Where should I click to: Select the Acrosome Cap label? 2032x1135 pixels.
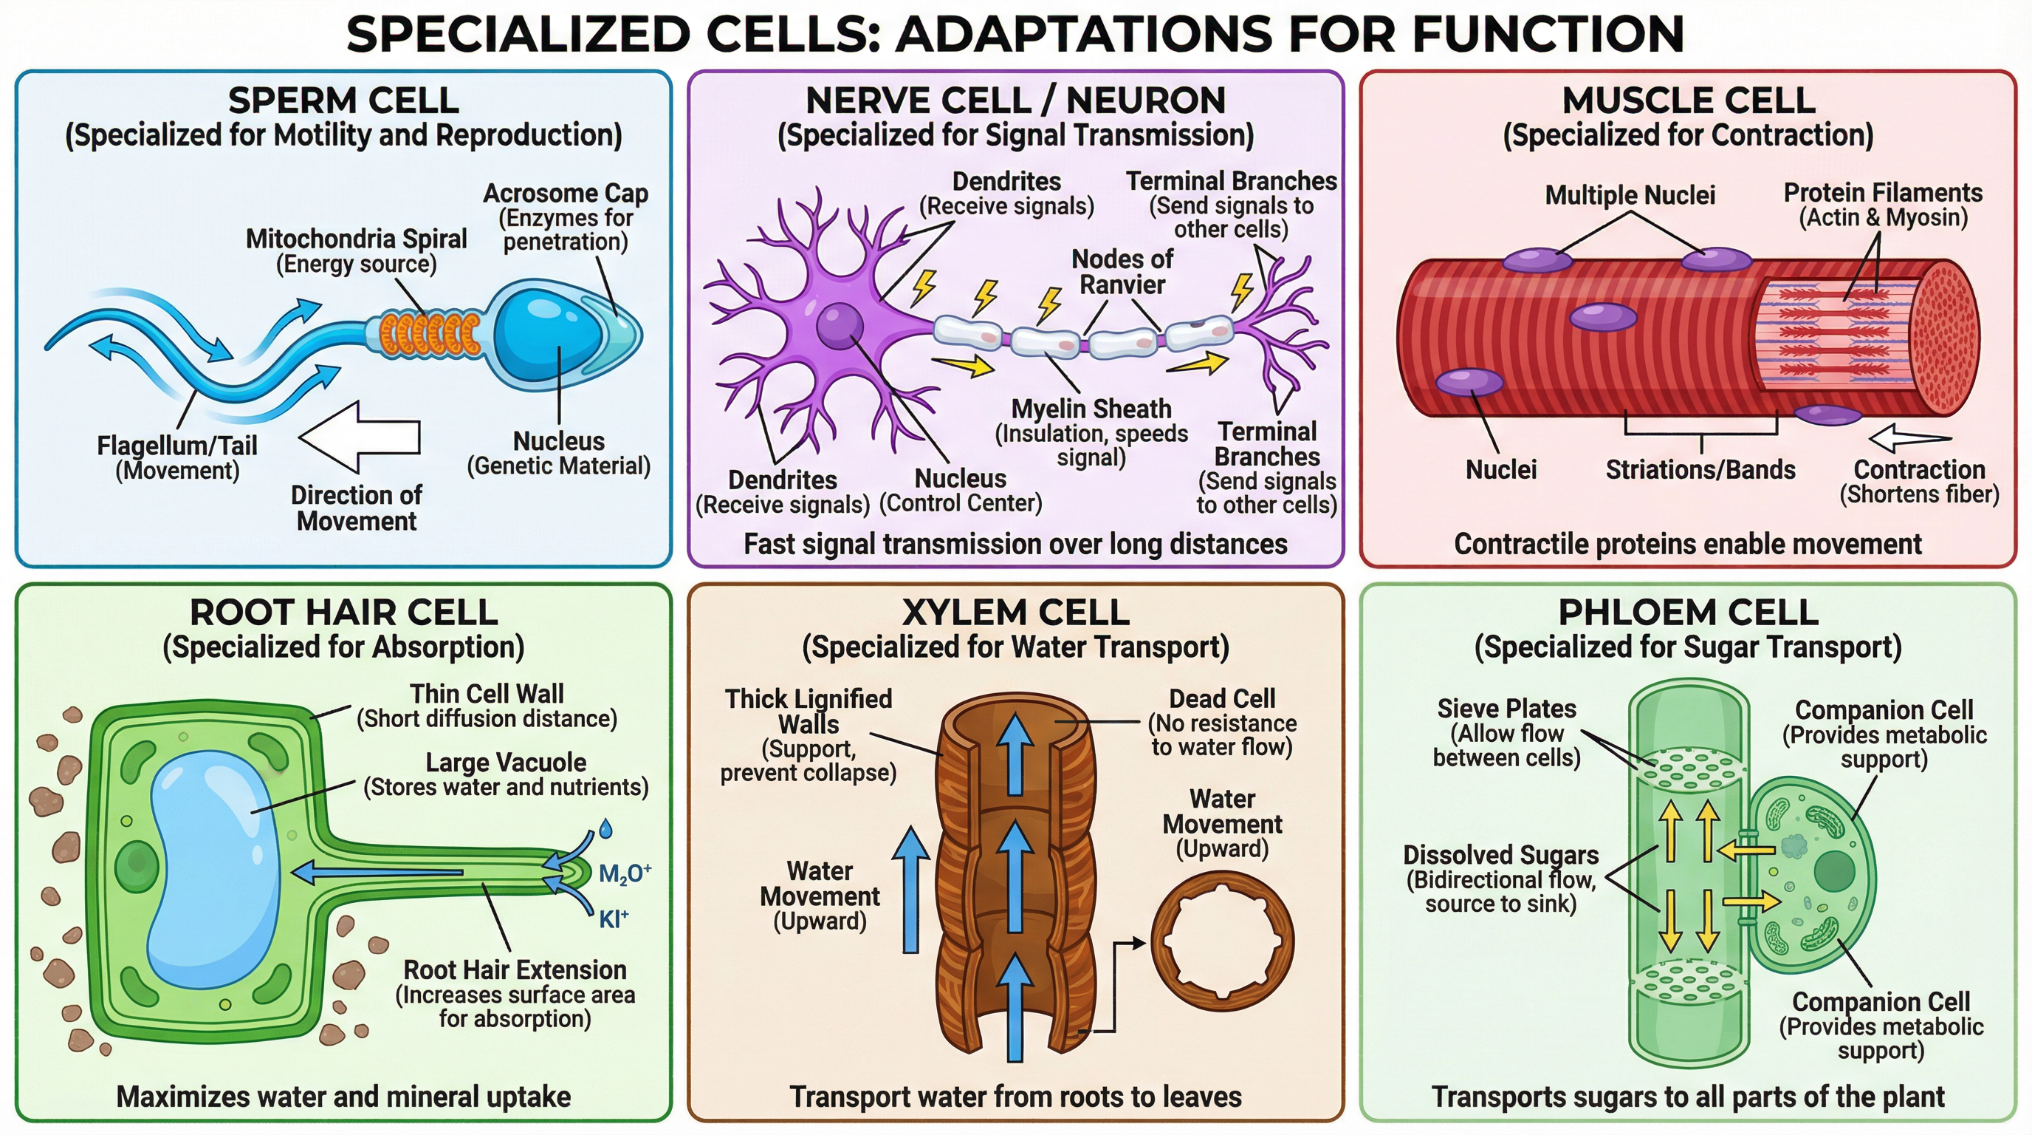pos(565,194)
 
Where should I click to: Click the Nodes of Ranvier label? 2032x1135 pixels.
pos(1122,270)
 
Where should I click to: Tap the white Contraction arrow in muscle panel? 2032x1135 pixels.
pos(1909,437)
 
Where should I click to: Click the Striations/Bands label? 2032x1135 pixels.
pos(1700,470)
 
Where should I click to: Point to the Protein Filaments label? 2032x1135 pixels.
pos(1882,194)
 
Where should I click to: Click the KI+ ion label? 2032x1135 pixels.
pos(613,918)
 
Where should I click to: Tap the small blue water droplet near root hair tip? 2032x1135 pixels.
pos(605,828)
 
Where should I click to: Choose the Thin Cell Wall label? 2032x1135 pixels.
pos(486,694)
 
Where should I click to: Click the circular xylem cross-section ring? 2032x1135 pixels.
pos(1222,941)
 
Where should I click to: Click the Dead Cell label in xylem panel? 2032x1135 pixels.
pos(1221,698)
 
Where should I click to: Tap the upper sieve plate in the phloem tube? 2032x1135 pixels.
pos(1689,768)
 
